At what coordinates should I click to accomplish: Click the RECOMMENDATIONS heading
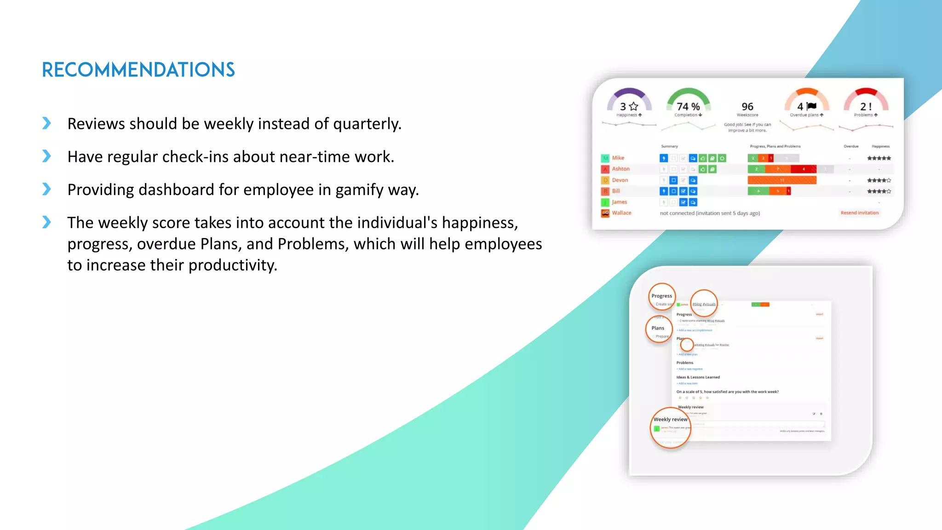138,70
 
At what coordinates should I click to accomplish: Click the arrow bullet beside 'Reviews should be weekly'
46,123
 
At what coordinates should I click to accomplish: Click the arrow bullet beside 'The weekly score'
46,222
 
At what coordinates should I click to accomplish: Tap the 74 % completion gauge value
688,107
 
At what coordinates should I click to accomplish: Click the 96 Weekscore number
747,107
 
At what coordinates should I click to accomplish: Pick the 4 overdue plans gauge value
806,107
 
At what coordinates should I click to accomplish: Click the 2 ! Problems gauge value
866,107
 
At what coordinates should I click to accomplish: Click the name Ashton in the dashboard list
620,169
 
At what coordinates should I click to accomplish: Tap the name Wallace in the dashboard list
621,213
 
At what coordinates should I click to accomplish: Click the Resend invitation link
859,213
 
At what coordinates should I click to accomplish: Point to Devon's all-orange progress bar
781,180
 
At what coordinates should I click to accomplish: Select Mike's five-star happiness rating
879,158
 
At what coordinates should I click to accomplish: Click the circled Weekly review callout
670,427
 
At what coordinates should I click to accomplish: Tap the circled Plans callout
659,328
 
